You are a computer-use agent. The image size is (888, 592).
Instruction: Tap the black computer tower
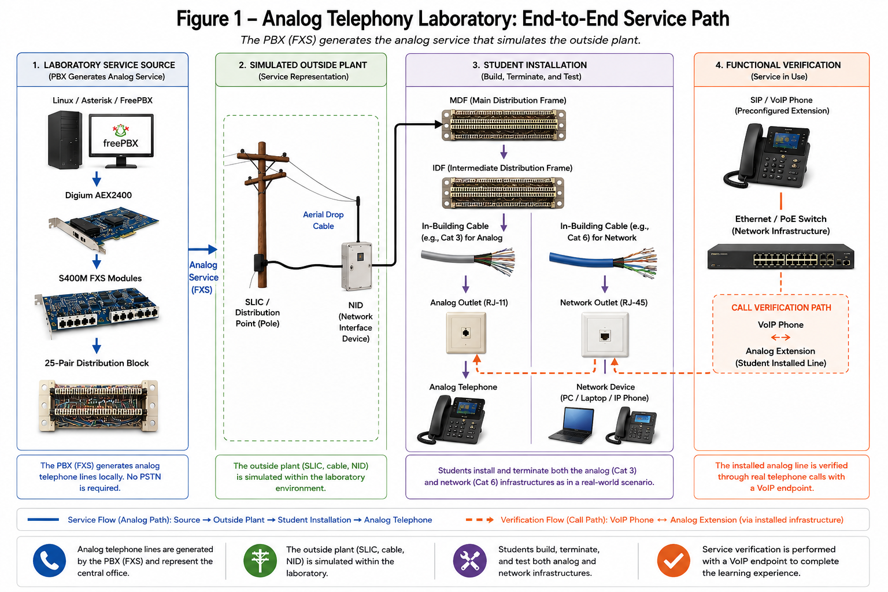click(65, 139)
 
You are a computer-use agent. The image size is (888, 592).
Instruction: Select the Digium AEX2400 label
click(98, 195)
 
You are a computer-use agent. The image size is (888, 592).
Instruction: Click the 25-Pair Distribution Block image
click(98, 406)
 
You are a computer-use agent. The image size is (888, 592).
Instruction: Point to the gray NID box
click(357, 267)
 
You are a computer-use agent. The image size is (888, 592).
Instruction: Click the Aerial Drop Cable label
click(323, 220)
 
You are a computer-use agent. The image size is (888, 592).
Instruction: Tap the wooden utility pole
click(262, 214)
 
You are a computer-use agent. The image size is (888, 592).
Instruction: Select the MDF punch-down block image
click(504, 125)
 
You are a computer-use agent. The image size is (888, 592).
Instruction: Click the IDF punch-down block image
click(503, 193)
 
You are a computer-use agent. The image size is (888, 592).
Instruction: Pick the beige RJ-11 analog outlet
click(466, 332)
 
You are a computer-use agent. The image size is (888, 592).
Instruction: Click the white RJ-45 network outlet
click(605, 335)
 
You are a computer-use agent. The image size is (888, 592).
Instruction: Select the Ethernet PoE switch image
click(780, 257)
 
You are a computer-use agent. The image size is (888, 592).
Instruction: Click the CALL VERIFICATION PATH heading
click(781, 308)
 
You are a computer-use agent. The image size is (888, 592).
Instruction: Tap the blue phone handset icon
click(50, 561)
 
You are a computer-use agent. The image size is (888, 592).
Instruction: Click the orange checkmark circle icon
click(674, 561)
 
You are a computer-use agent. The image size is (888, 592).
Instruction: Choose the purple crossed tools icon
click(470, 561)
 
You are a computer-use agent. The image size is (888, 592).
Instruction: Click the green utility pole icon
click(260, 561)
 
